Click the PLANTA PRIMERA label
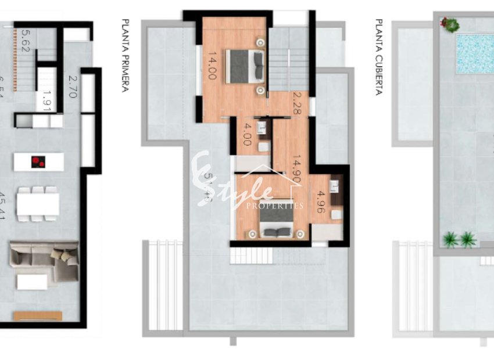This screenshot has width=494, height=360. tap(125, 56)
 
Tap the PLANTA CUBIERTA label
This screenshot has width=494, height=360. tap(379, 57)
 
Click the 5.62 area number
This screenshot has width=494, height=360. tap(24, 42)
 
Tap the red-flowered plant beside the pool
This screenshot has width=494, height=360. tap(449, 24)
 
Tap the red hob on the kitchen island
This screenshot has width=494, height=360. tap(38, 161)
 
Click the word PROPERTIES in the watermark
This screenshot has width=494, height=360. tap(275, 206)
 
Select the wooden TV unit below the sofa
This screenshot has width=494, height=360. tap(37, 315)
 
